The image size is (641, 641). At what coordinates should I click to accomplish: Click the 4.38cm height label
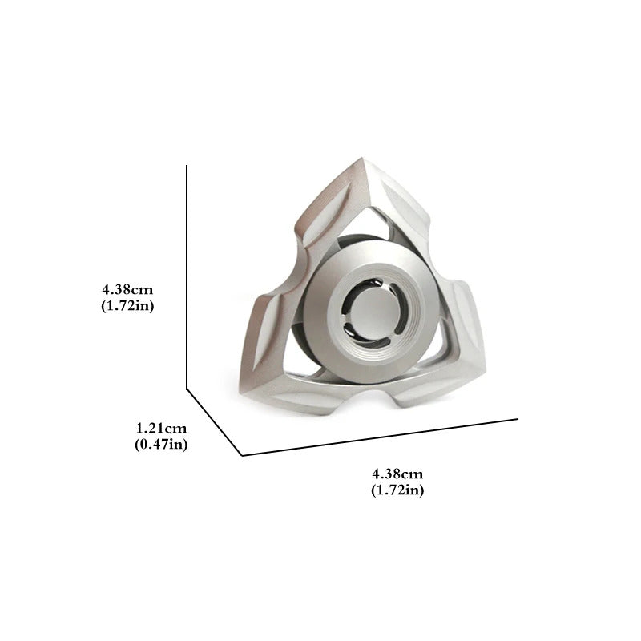pyautogui.click(x=127, y=290)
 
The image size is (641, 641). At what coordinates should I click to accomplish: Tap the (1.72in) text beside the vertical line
pyautogui.click(x=127, y=306)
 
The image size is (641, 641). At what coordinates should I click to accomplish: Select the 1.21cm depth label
pyautogui.click(x=161, y=428)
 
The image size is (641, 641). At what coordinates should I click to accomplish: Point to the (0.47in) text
pyautogui.click(x=161, y=445)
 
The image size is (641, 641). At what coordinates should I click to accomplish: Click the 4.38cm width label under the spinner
pyautogui.click(x=397, y=474)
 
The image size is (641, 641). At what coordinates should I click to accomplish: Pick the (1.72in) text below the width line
pyautogui.click(x=397, y=490)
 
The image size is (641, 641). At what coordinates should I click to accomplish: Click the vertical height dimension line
pyautogui.click(x=187, y=277)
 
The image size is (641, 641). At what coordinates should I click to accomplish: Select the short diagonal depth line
pyautogui.click(x=215, y=422)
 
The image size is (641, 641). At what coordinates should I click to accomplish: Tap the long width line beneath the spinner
pyautogui.click(x=380, y=437)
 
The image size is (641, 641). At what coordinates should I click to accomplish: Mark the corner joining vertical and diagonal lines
pyautogui.click(x=187, y=389)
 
